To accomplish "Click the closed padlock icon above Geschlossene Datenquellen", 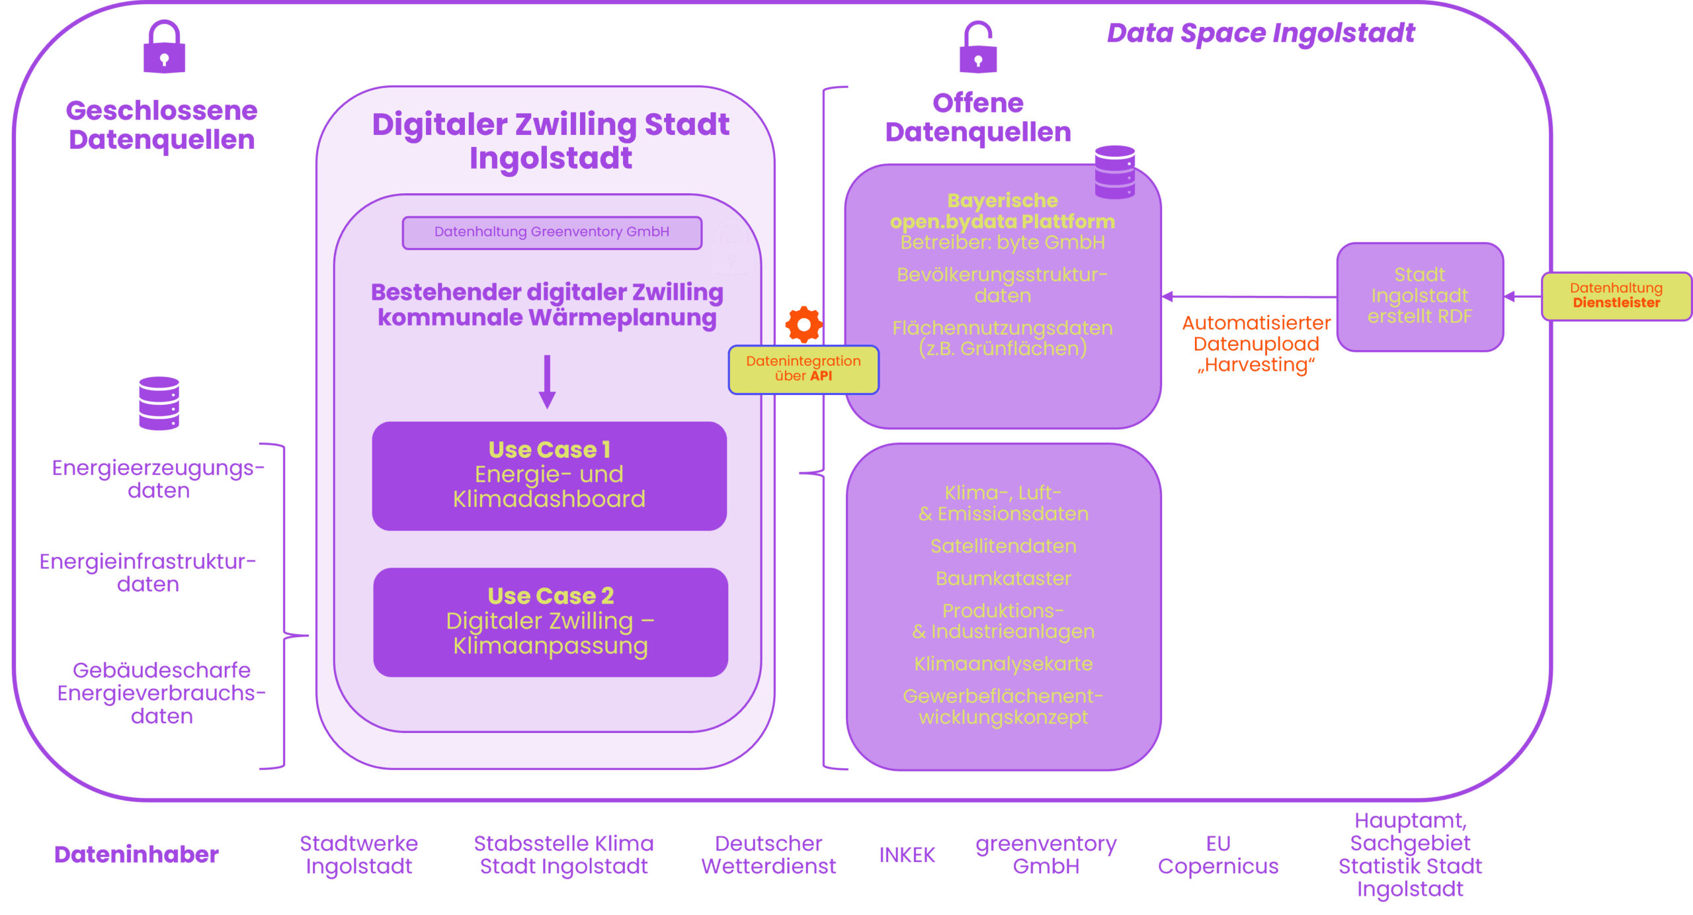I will [165, 48].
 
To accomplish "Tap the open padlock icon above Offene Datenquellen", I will [977, 48].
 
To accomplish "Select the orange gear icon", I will [804, 324].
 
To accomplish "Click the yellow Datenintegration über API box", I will [804, 369].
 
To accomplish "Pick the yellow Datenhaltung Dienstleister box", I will [1616, 296].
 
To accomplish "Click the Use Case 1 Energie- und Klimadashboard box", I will [549, 475].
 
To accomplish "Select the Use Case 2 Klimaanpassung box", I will [550, 621].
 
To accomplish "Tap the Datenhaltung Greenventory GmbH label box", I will [552, 232].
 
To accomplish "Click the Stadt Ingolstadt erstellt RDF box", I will [1420, 296].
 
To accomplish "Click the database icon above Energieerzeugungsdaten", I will [159, 403].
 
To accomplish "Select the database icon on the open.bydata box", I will [1114, 171].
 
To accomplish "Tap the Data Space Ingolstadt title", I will [1260, 33].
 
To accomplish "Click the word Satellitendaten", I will [1003, 546].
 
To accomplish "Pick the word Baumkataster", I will [1003, 578].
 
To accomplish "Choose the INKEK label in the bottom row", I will [907, 855].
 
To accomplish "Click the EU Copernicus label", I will [1218, 855].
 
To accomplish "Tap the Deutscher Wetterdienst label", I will [768, 855].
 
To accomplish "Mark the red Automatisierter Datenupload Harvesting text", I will [1256, 344].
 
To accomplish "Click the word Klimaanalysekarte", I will [1003, 664].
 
